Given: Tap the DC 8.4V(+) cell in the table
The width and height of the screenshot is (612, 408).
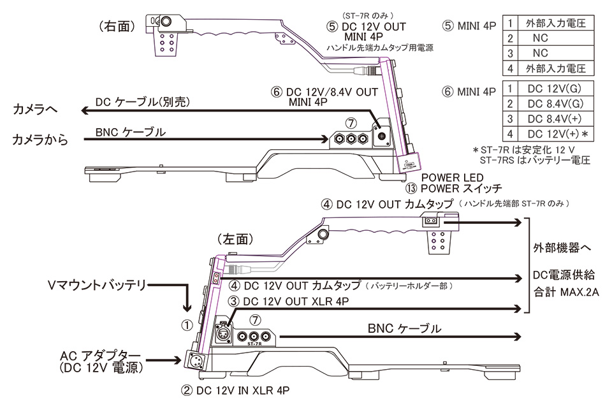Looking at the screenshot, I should click(x=553, y=118).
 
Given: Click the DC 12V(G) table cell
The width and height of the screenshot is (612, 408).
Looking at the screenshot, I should click(x=553, y=87).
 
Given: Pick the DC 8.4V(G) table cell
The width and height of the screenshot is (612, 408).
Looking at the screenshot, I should click(x=553, y=103).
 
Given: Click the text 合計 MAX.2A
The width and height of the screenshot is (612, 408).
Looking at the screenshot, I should click(x=566, y=295).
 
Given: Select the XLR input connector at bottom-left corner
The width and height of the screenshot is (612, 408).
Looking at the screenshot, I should click(x=194, y=360).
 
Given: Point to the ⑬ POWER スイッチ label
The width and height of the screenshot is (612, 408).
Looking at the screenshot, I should click(x=453, y=189).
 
